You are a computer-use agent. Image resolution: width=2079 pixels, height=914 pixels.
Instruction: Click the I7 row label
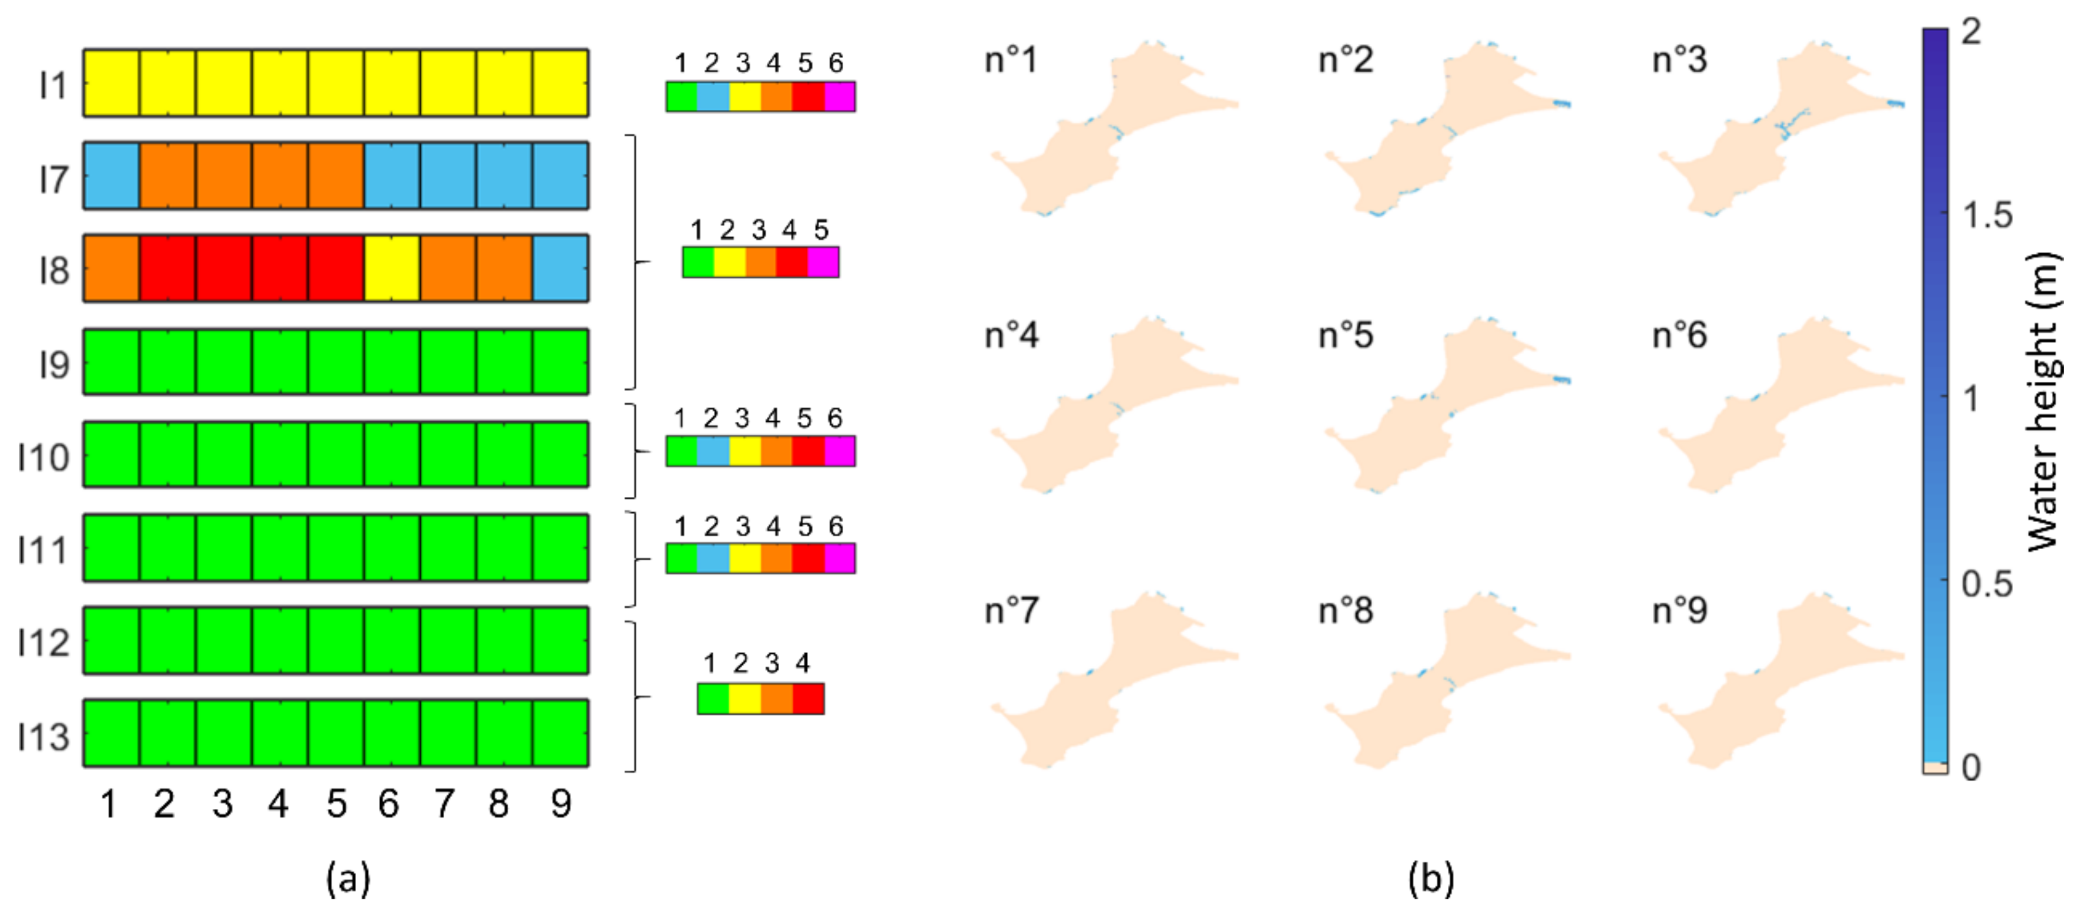(53, 179)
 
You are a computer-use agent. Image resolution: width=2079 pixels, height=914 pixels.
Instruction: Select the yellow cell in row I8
(391, 268)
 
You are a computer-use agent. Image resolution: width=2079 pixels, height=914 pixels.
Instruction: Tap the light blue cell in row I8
(560, 268)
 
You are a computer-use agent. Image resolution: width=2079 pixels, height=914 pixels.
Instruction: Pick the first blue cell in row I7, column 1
(112, 176)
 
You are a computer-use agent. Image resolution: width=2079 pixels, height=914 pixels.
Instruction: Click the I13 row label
(43, 735)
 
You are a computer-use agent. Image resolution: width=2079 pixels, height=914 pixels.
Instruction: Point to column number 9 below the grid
(561, 804)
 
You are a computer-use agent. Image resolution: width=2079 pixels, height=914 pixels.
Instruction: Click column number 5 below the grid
(336, 804)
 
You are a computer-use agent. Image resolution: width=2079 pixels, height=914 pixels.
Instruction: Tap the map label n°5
(1346, 335)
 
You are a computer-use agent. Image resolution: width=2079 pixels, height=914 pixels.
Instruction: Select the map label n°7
(1011, 611)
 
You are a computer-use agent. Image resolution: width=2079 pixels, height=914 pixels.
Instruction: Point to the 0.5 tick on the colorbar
(1987, 583)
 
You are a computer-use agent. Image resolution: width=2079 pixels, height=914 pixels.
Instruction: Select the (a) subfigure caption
(348, 878)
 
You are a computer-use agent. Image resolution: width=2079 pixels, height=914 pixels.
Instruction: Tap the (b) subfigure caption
(1430, 878)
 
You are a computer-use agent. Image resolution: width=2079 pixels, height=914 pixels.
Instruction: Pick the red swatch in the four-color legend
(808, 698)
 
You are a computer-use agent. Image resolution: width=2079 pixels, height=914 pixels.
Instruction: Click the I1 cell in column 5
(336, 83)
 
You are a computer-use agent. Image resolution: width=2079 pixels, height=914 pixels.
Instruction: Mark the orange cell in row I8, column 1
(112, 268)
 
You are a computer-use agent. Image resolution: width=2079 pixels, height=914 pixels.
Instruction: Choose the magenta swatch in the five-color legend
(823, 262)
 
